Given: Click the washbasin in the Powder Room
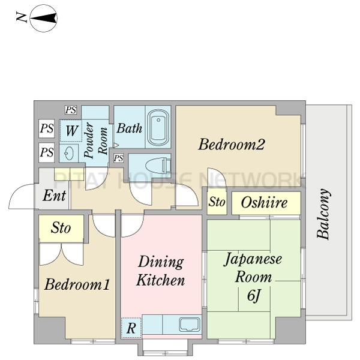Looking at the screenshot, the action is [69, 153].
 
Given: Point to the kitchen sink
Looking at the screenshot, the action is [190, 325].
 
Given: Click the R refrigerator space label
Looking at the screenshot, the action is [131, 328].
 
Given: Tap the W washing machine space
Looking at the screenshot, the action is [71, 131].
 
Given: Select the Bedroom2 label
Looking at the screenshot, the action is [232, 145].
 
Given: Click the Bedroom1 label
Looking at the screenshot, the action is [77, 284].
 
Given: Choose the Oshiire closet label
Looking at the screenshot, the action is [264, 203].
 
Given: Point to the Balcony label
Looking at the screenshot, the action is [323, 214].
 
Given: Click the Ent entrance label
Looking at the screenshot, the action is [55, 196].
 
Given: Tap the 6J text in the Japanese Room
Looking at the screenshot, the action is [254, 295].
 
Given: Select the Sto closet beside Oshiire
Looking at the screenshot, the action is [217, 202].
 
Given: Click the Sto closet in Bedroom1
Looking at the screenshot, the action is [61, 228].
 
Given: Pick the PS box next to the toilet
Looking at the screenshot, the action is [118, 158].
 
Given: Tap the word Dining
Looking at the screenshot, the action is [161, 262].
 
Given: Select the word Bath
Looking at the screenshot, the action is [130, 128].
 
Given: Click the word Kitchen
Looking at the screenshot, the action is [160, 280].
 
